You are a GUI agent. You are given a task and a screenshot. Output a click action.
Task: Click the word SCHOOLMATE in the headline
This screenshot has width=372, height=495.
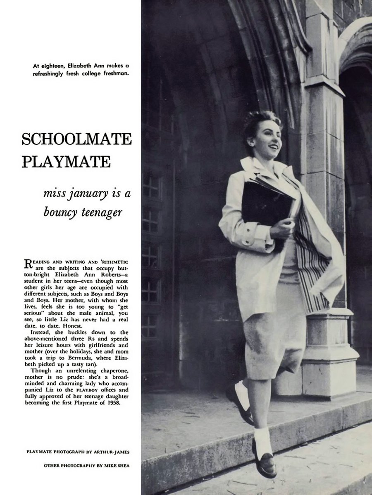click(76, 139)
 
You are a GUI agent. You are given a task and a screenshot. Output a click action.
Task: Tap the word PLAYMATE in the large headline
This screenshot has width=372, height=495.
click(66, 162)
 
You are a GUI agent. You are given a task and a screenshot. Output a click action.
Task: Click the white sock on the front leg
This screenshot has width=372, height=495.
click(262, 439)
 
